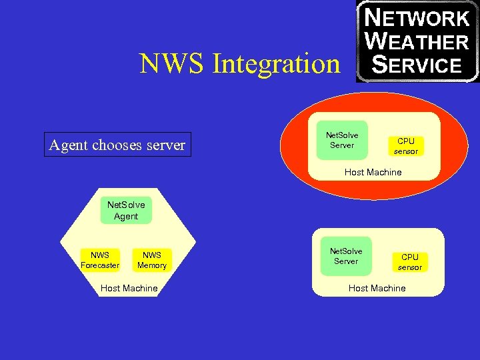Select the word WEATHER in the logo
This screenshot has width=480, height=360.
coord(419,41)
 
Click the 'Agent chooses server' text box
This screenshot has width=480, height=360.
coord(117,145)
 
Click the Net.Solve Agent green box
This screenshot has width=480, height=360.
coord(126,210)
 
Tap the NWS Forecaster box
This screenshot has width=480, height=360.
coord(100,260)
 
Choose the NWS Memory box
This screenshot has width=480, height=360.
coord(152,260)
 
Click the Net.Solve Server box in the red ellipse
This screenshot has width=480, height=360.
coord(342,140)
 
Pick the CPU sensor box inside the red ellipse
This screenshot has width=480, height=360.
coord(406,146)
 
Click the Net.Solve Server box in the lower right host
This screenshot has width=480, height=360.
coord(346,256)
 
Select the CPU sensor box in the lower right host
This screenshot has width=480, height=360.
coord(410,262)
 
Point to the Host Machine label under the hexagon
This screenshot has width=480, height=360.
coord(129,289)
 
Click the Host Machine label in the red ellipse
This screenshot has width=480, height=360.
coord(373,172)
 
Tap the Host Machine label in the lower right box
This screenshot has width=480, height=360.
coord(377,288)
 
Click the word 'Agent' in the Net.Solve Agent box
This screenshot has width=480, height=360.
coord(126,217)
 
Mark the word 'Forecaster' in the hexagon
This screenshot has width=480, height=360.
coord(100,265)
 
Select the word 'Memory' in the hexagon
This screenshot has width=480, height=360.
coord(152,265)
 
